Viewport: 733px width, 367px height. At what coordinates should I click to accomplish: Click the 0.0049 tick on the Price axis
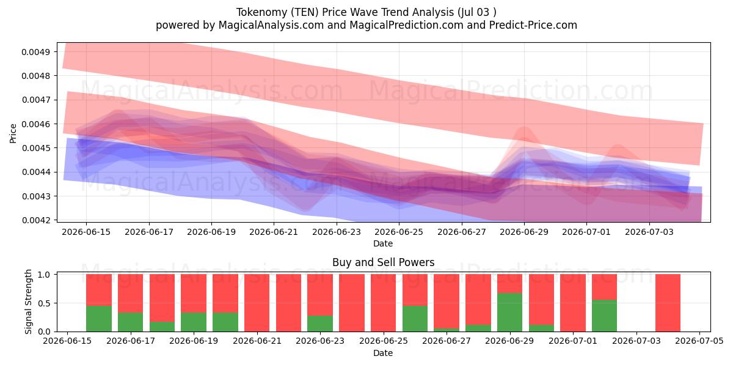click(x=35, y=52)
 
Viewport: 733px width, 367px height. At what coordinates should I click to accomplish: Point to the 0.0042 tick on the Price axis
click(x=35, y=220)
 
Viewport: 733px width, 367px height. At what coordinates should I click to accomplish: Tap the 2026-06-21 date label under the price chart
click(x=274, y=232)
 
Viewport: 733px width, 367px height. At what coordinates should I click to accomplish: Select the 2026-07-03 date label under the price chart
click(x=649, y=232)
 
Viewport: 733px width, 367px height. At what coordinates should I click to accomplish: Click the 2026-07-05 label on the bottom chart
click(x=699, y=341)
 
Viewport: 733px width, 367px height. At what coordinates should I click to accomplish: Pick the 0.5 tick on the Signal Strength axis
click(x=44, y=303)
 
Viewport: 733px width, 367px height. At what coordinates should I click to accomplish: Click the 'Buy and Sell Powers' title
click(x=383, y=262)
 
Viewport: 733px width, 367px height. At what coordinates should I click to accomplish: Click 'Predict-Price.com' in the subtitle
click(x=533, y=25)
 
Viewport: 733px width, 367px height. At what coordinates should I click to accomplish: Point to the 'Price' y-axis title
click(x=13, y=133)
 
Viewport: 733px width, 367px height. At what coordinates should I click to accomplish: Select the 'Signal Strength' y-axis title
click(x=29, y=302)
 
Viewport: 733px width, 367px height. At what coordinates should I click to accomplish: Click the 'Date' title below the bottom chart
click(x=383, y=353)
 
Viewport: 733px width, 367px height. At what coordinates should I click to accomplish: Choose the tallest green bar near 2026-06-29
click(x=509, y=313)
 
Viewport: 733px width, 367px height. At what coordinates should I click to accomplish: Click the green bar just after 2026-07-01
click(x=604, y=316)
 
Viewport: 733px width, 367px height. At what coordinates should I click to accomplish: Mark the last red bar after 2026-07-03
click(x=668, y=303)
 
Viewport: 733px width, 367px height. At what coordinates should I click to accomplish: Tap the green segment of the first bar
click(x=99, y=319)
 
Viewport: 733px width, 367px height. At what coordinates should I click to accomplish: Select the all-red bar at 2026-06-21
click(x=257, y=303)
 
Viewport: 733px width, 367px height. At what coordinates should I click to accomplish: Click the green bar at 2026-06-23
click(x=320, y=324)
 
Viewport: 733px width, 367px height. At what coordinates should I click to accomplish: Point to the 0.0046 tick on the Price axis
click(x=35, y=124)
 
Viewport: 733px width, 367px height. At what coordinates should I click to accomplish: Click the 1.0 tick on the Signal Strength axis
click(x=44, y=274)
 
